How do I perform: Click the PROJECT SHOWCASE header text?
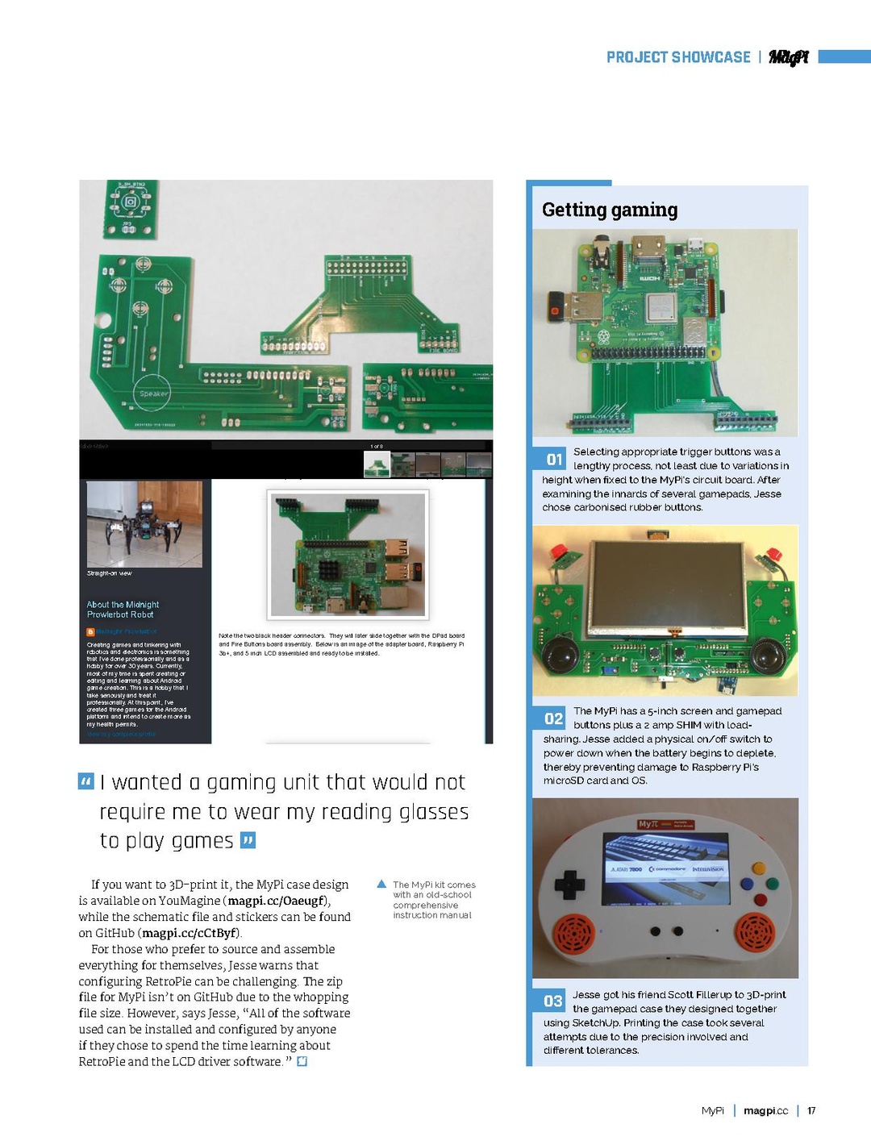click(678, 57)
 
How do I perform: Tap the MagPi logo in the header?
click(788, 57)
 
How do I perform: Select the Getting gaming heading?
click(610, 210)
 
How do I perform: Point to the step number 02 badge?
click(554, 718)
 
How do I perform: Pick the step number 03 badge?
click(553, 1001)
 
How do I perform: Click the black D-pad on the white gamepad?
click(569, 884)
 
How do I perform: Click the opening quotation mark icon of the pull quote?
click(85, 781)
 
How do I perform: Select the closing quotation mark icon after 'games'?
click(248, 840)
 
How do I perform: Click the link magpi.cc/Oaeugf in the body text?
click(277, 901)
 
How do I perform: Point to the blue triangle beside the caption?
click(382, 885)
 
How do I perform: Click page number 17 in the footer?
click(811, 1110)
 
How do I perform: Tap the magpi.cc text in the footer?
click(765, 1110)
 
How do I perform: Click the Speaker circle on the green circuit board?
click(152, 393)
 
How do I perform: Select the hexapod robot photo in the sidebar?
click(144, 524)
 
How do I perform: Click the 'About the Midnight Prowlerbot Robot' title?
click(123, 610)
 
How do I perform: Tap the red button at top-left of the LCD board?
click(556, 552)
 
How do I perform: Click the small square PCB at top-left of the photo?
click(131, 209)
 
